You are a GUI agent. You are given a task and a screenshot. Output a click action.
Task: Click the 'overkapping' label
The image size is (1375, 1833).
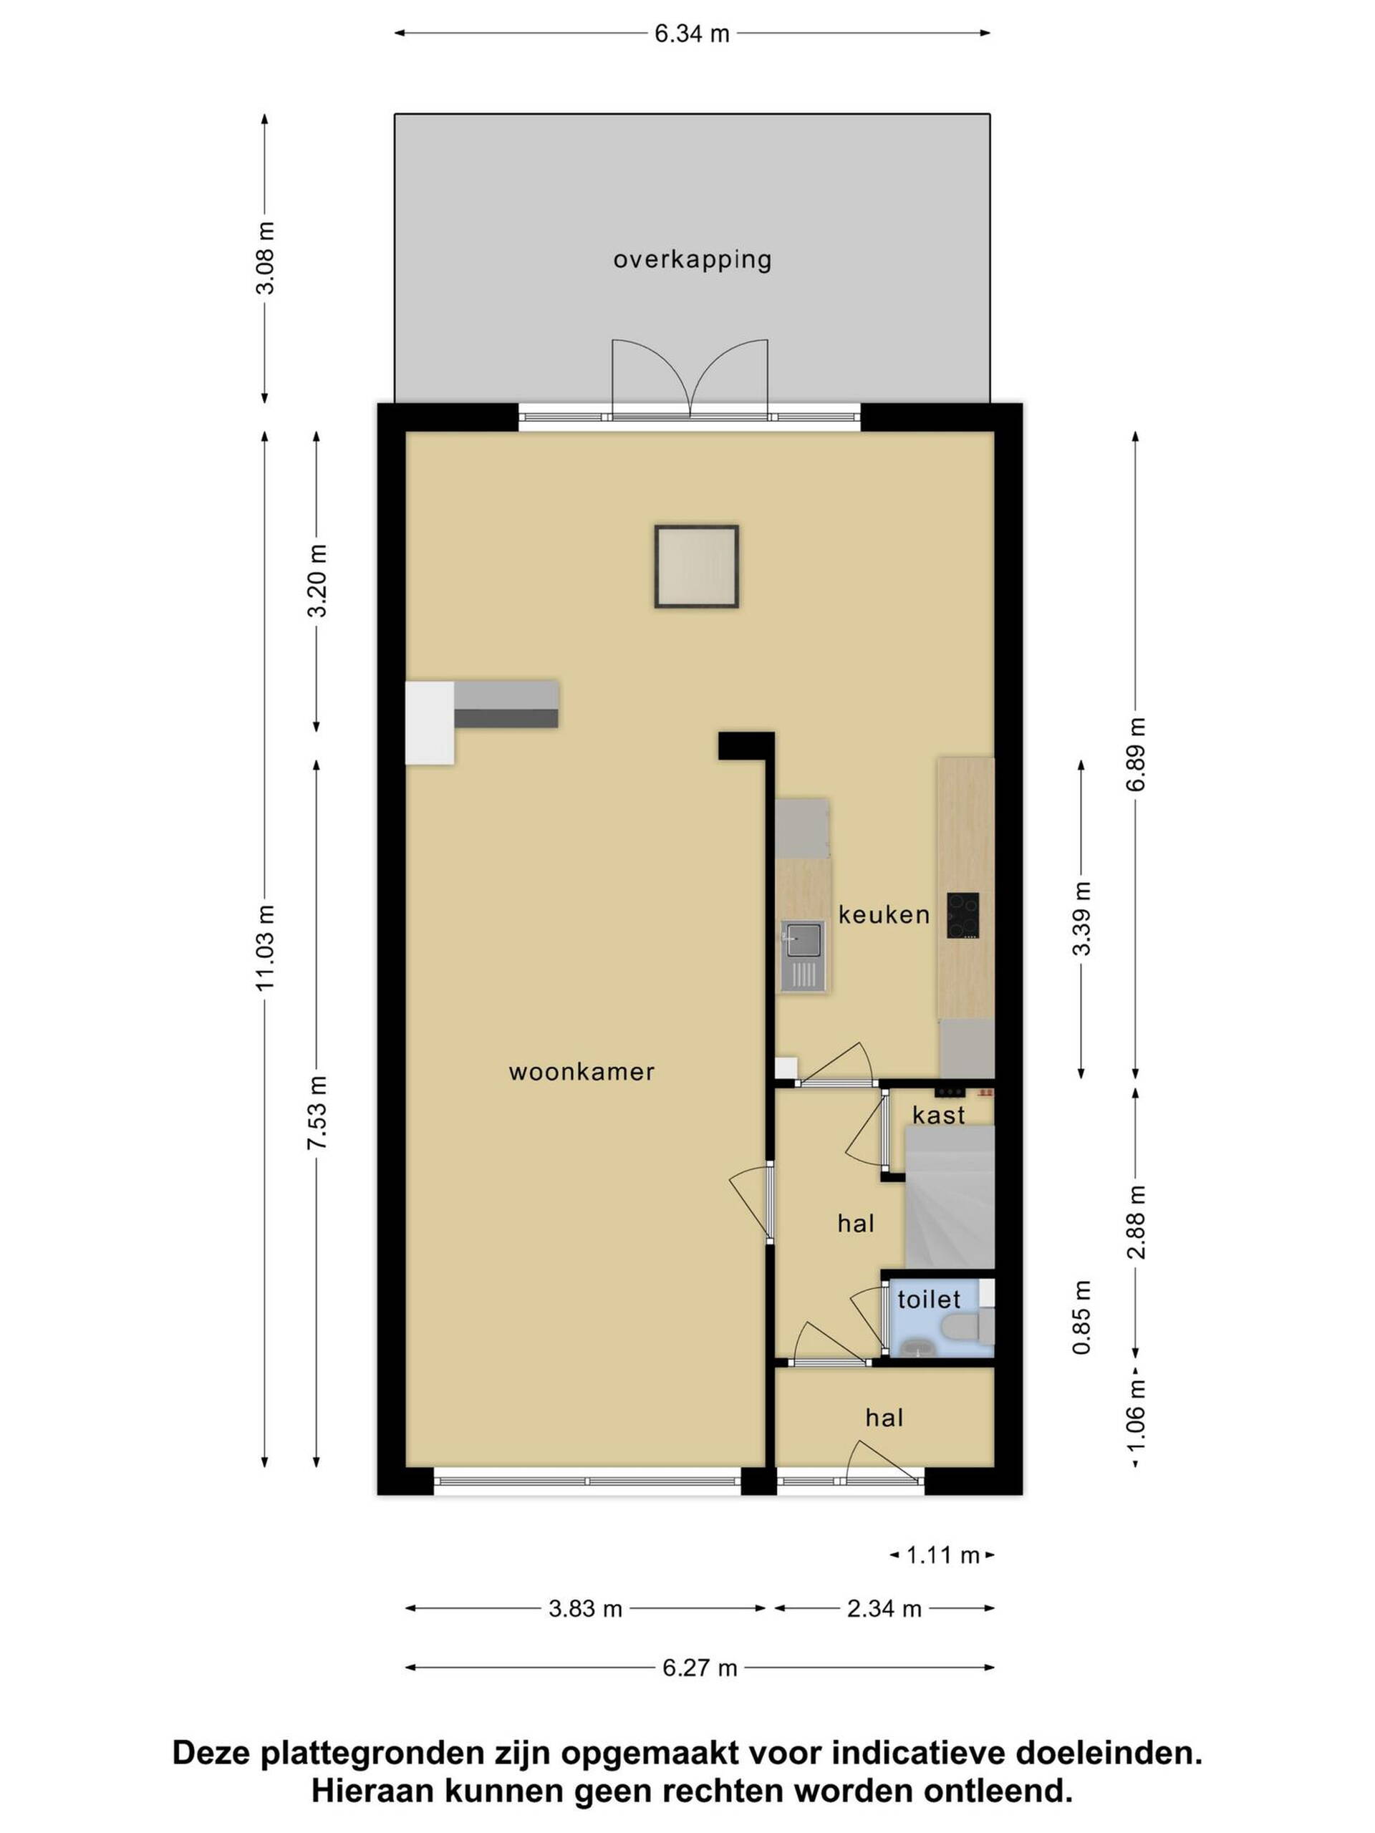pos(692,260)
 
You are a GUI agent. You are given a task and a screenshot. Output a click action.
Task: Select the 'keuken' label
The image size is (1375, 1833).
pos(884,915)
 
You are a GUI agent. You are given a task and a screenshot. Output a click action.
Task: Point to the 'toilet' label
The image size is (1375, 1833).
pos(928,1300)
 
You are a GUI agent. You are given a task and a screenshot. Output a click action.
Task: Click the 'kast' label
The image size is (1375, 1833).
pos(939,1116)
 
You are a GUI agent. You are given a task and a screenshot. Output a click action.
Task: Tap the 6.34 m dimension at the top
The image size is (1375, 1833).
pos(692,34)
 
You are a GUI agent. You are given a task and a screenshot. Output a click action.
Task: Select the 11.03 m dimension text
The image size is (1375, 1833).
pos(265,948)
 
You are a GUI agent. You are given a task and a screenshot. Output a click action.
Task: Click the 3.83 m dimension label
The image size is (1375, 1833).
pos(585,1608)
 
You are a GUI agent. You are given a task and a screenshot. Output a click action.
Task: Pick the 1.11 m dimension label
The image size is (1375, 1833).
pos(943,1555)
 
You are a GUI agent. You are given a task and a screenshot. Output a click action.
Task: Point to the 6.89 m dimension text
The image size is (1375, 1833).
pos(1136,754)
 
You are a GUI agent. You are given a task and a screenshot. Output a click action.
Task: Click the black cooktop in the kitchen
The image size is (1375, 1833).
pos(963,915)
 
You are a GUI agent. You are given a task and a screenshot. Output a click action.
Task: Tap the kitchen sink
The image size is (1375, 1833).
pos(802,957)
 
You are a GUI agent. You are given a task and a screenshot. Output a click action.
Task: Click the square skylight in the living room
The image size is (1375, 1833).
pos(696,567)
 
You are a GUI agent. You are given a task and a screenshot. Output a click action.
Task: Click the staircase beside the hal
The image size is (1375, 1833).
pos(950,1196)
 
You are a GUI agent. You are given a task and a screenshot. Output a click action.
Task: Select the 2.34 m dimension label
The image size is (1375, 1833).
pos(884,1608)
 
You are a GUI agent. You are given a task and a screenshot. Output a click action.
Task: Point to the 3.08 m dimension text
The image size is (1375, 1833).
pos(265,258)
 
